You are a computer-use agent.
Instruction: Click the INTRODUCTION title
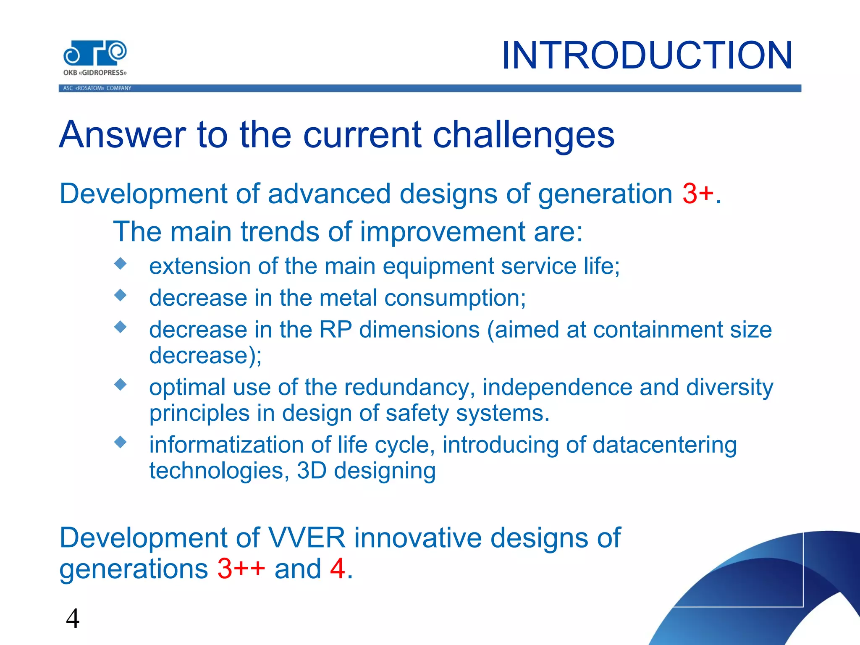click(647, 55)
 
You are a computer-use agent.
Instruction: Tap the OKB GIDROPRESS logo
click(95, 58)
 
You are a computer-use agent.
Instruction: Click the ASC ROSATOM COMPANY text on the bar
click(97, 88)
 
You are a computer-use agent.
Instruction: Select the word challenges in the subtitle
click(523, 135)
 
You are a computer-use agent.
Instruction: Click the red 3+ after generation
click(697, 194)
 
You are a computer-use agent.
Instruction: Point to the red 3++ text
click(241, 569)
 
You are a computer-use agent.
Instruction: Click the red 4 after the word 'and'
click(338, 569)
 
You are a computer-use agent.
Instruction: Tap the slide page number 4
click(73, 619)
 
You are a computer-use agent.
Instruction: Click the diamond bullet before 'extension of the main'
click(121, 264)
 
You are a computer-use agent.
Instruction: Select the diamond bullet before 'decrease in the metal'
click(121, 295)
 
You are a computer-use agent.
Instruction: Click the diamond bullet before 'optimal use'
click(121, 384)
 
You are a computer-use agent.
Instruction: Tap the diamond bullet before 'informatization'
click(121, 442)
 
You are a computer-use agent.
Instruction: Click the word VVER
click(306, 538)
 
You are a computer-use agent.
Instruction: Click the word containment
click(658, 330)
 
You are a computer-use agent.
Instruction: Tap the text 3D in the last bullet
click(312, 471)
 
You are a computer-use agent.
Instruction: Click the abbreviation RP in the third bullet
click(335, 330)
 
